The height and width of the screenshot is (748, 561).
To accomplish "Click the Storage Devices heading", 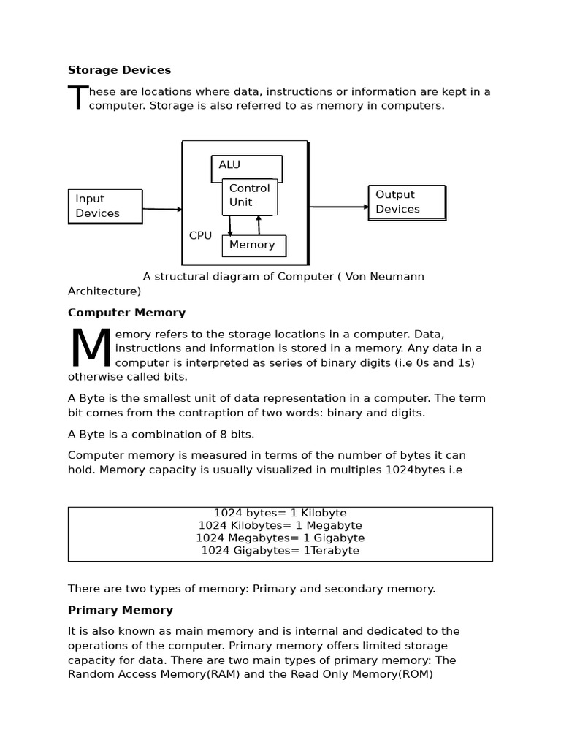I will pos(119,70).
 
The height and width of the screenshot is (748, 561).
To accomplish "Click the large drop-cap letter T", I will pos(77,99).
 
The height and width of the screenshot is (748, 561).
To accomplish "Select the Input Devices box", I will pos(105,206).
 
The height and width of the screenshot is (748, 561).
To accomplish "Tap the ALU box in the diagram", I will pos(246,167).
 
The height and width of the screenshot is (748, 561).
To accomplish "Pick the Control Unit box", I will pos(250,196).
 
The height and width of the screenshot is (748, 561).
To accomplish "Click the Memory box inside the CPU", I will pos(253,245).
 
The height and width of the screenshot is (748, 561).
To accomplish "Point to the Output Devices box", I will pos(407,202).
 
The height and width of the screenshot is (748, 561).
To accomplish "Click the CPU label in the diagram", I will pos(200,235).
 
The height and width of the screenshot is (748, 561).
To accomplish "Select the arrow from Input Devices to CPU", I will pos(162,210).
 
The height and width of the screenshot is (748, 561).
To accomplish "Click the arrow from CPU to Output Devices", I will pos(338,207).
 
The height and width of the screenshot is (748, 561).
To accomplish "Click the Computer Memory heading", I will pos(126,313).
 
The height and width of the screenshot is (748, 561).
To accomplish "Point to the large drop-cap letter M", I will pos(91,349).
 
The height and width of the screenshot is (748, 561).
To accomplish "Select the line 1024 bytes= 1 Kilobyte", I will pos(280,514).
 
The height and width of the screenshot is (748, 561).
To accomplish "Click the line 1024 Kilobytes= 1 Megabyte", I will pos(280,526).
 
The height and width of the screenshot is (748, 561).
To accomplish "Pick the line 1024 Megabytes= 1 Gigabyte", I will pos(280,538).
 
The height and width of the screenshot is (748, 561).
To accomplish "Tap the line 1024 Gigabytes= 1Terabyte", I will pos(280,551).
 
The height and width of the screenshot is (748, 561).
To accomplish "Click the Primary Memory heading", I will pos(121,610).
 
